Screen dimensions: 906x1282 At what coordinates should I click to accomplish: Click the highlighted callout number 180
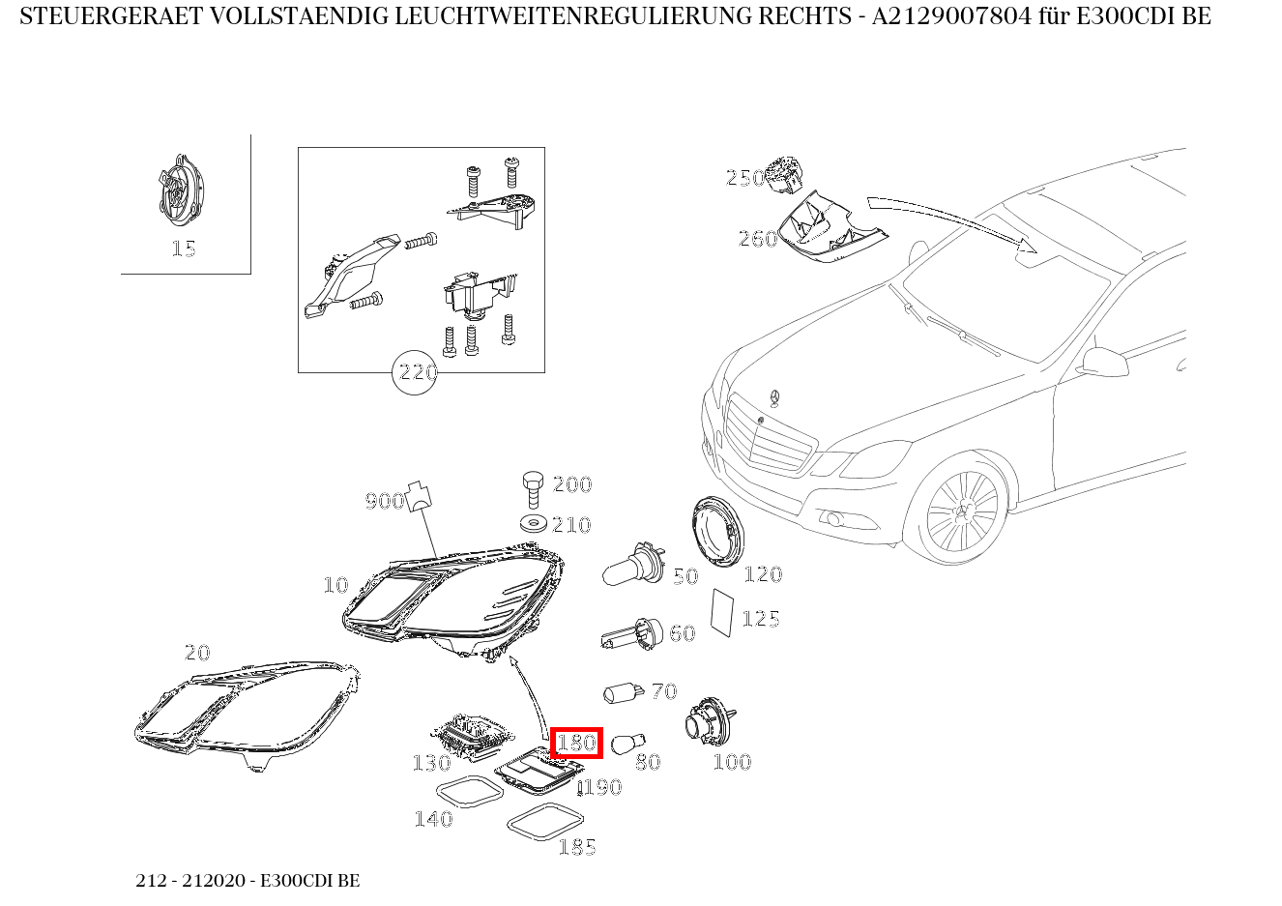click(576, 743)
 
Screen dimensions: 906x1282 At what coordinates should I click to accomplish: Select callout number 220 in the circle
click(416, 372)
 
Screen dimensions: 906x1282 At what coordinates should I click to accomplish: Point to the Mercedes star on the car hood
click(773, 398)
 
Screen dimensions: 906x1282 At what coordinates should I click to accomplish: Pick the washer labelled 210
click(531, 524)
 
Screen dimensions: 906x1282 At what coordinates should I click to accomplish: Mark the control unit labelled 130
click(469, 735)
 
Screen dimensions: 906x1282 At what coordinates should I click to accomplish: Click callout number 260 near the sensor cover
click(757, 238)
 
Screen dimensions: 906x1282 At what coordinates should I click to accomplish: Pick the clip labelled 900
click(418, 495)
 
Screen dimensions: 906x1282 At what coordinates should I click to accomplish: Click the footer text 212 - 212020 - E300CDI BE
click(248, 881)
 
